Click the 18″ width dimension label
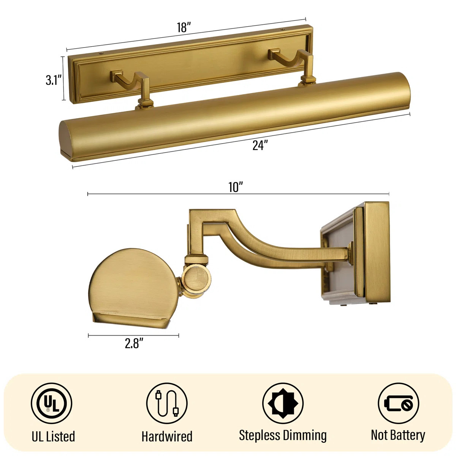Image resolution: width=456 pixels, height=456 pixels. [184, 28]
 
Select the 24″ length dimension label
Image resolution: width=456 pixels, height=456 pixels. [260, 145]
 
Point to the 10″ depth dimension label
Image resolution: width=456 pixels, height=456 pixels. [236, 187]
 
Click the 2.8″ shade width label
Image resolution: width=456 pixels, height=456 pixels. [134, 344]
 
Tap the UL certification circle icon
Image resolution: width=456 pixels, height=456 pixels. [52, 403]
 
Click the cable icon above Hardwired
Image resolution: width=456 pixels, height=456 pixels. [167, 403]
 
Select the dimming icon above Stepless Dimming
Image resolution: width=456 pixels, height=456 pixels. [283, 403]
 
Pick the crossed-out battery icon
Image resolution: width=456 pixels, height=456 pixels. [398, 403]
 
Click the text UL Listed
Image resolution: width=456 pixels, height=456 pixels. [53, 436]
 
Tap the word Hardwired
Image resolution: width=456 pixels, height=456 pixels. [167, 436]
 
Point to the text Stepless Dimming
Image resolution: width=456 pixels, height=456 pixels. [283, 435]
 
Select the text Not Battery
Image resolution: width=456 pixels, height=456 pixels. [398, 435]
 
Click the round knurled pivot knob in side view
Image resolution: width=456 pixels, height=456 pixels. [196, 279]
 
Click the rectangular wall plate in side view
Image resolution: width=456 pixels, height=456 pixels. [376, 252]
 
